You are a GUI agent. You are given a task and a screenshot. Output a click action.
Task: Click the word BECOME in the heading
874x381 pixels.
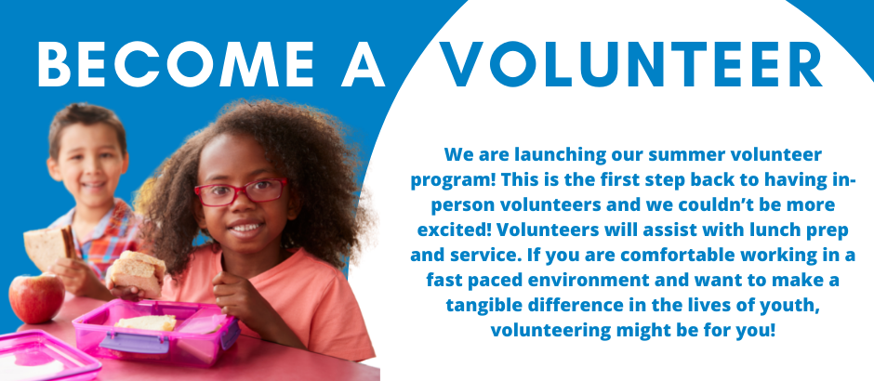[x=176, y=65]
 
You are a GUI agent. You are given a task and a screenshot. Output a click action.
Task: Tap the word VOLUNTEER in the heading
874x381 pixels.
[x=631, y=65]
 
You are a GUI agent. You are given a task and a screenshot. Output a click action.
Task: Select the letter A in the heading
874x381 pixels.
[x=364, y=65]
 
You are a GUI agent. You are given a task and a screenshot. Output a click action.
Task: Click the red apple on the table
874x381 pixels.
[x=36, y=297]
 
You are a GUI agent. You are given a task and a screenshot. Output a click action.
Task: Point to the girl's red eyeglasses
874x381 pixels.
[x=241, y=191]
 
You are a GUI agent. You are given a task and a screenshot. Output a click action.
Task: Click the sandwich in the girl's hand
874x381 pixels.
[x=136, y=272]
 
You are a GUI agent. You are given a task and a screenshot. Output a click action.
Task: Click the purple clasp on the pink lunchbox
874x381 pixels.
[x=134, y=341]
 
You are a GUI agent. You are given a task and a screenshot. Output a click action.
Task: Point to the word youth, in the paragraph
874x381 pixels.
[x=792, y=305]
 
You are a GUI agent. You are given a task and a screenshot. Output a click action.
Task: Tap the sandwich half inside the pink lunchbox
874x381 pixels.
[x=146, y=322]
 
